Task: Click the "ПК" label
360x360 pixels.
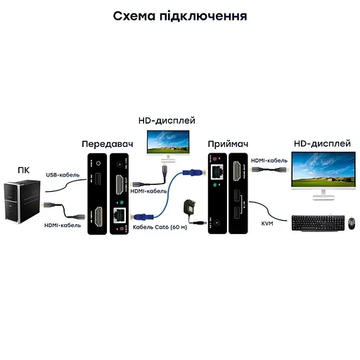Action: coord(24,169)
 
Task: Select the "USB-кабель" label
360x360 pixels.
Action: coord(63,175)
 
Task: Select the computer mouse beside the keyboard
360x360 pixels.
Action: coord(350,224)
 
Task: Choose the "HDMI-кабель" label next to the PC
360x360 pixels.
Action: coord(63,225)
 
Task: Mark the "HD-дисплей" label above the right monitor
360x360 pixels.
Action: coord(321,143)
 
